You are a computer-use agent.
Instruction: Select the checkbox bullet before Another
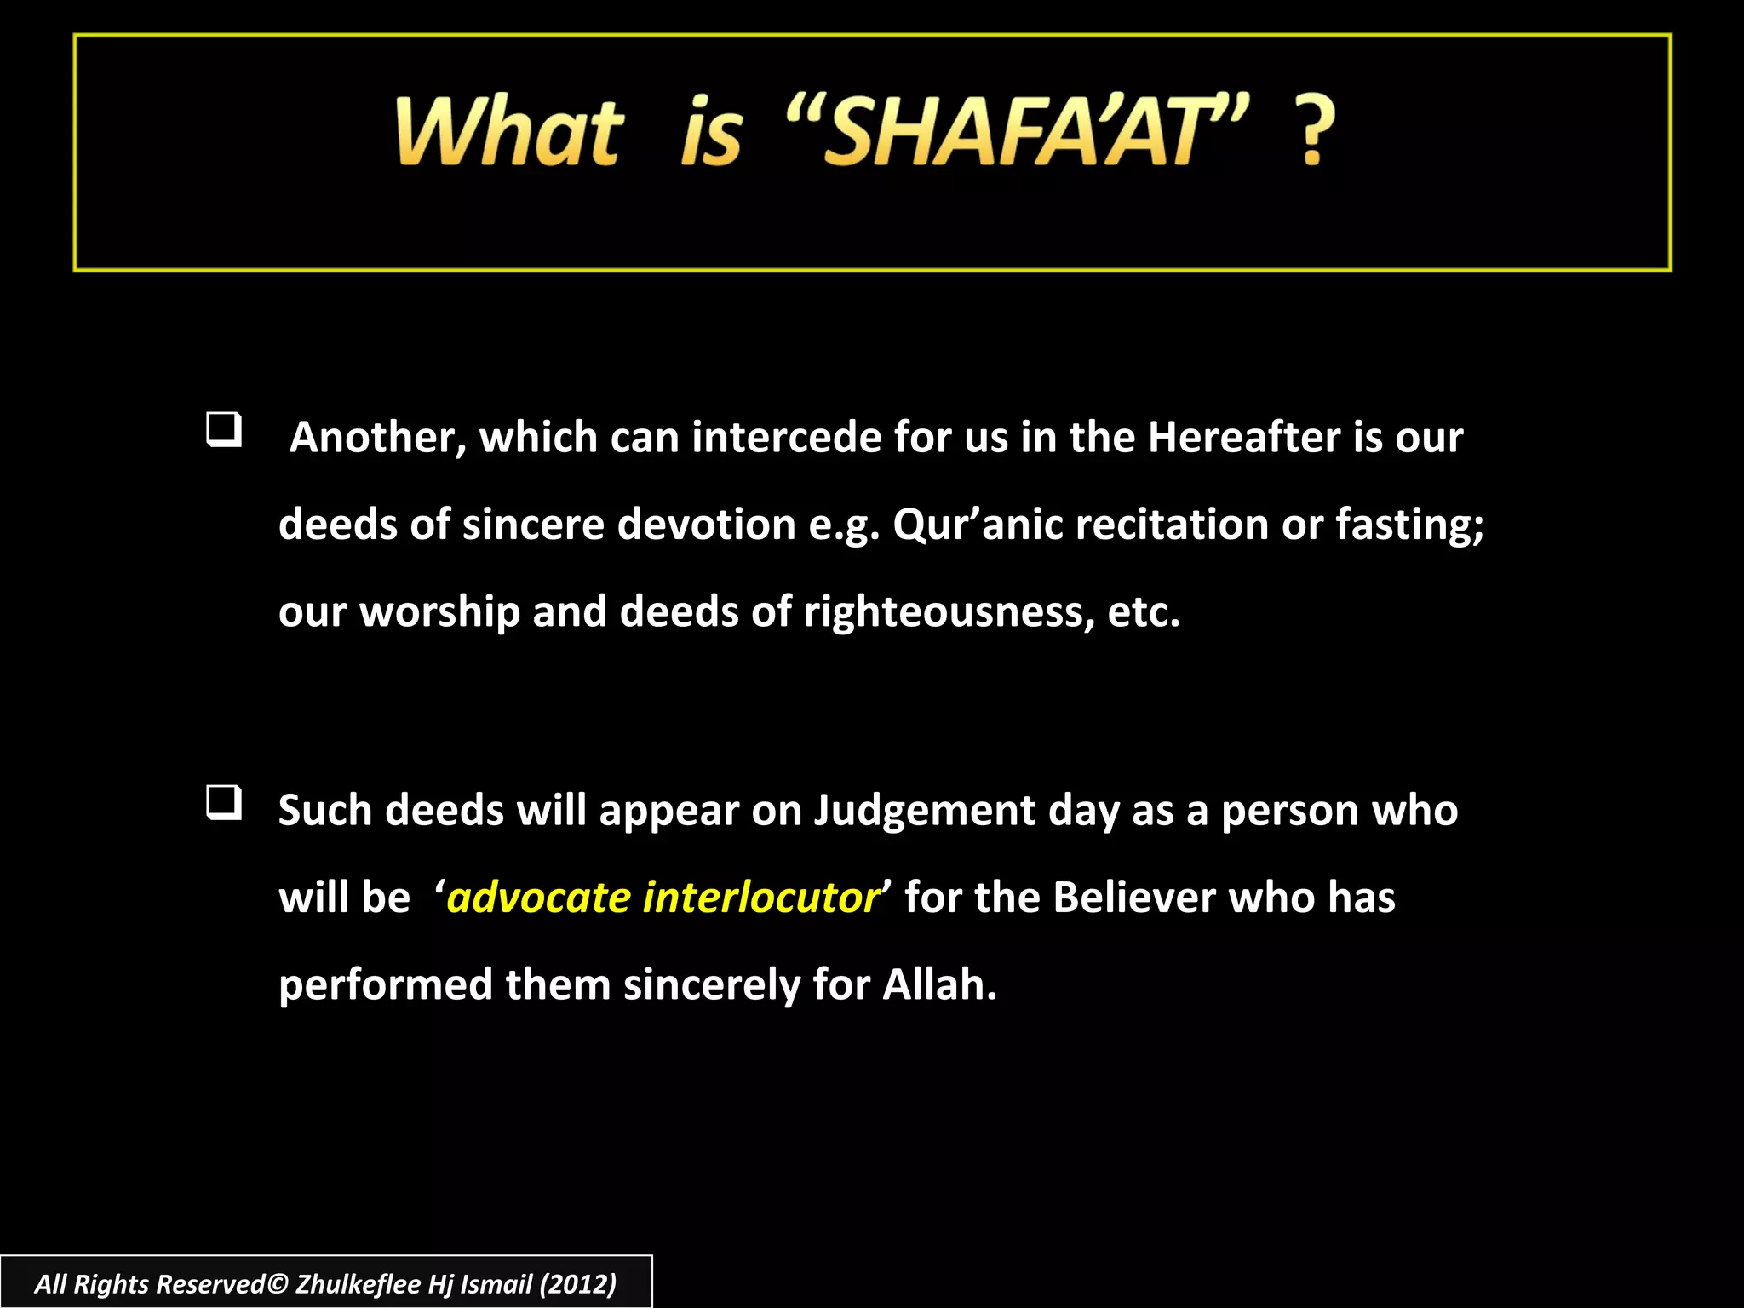click(x=224, y=430)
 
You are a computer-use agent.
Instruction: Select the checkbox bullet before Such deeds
click(x=224, y=803)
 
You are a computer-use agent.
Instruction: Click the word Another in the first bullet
click(x=377, y=438)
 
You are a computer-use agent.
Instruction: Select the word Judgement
click(x=925, y=811)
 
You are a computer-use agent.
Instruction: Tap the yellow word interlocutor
click(x=761, y=898)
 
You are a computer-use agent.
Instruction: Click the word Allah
click(x=938, y=985)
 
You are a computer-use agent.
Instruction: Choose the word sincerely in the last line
click(x=711, y=985)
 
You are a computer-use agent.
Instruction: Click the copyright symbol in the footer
click(x=278, y=1284)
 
